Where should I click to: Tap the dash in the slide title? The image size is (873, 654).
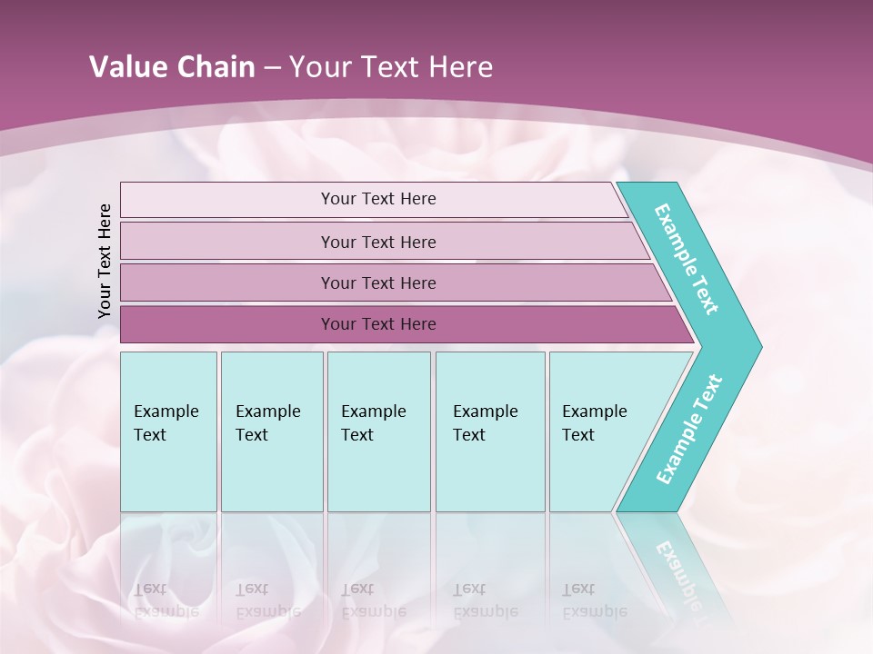[272, 68]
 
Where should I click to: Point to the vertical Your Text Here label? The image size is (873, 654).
[105, 261]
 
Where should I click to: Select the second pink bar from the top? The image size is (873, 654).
[377, 242]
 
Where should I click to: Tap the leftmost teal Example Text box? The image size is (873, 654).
[168, 431]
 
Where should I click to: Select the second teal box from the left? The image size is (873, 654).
[272, 431]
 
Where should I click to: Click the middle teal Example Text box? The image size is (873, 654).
[378, 431]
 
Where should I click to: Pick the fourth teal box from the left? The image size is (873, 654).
[490, 431]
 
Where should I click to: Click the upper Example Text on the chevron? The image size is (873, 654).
[687, 259]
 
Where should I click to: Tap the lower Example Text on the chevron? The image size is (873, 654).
[689, 430]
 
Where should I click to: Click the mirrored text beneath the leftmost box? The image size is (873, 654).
[166, 599]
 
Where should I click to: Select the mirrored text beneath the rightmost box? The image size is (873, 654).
[594, 599]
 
